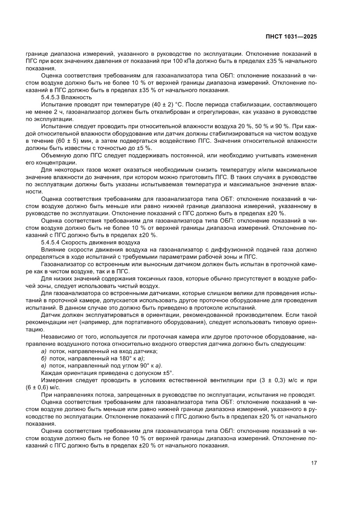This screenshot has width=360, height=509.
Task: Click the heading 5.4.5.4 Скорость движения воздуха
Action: [x=91, y=242]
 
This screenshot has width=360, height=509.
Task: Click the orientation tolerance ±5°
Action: [x=165, y=373]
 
